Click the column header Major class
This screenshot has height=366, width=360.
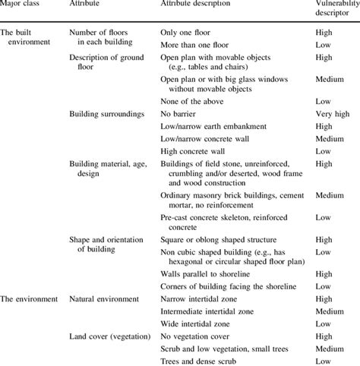point(22,5)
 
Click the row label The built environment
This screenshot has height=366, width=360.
point(28,39)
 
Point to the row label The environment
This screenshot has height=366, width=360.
point(29,298)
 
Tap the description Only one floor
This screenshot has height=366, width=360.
point(189,33)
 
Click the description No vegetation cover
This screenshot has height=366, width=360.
point(200,336)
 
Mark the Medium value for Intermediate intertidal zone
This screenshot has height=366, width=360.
point(328,311)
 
